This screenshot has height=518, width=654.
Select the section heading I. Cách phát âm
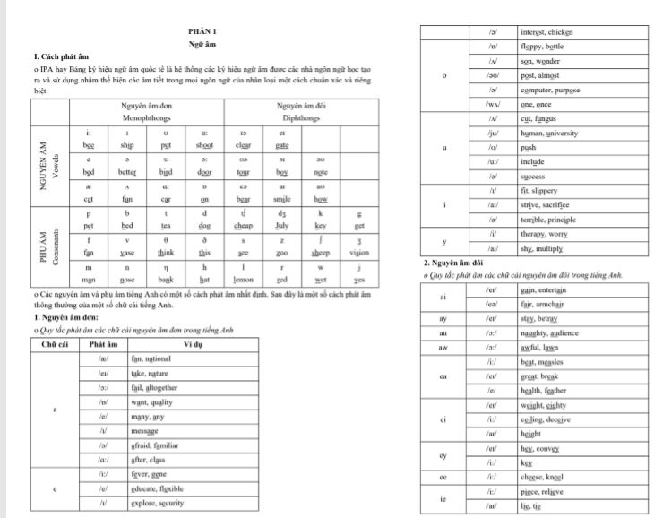coord(59,56)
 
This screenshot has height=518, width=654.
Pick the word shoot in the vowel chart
coord(204,145)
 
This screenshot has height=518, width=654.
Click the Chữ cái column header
coord(56,344)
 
